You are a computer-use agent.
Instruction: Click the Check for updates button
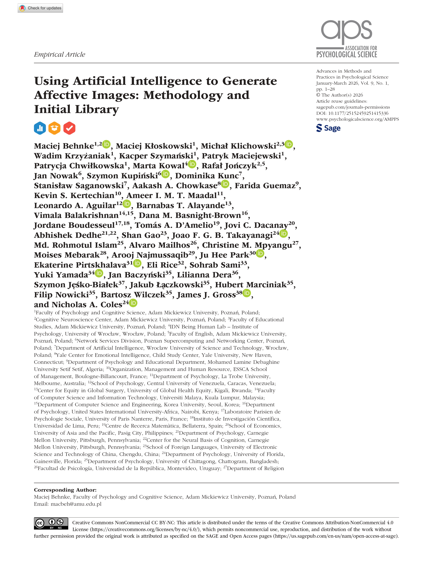(40, 8)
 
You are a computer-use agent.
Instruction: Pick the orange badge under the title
(54, 128)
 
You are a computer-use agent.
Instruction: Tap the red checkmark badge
(69, 128)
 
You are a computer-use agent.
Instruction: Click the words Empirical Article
(59, 54)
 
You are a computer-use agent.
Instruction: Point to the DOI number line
(352, 113)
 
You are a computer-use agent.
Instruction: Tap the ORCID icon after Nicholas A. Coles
(133, 303)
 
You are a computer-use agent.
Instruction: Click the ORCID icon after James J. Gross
(247, 293)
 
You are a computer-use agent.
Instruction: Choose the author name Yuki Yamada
(61, 275)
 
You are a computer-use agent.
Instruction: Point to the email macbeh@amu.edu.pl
(76, 504)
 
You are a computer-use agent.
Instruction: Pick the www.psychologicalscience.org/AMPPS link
(357, 119)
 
